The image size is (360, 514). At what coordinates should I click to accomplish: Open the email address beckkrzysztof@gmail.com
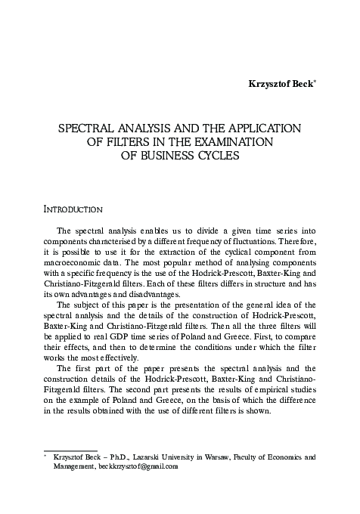(137, 466)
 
